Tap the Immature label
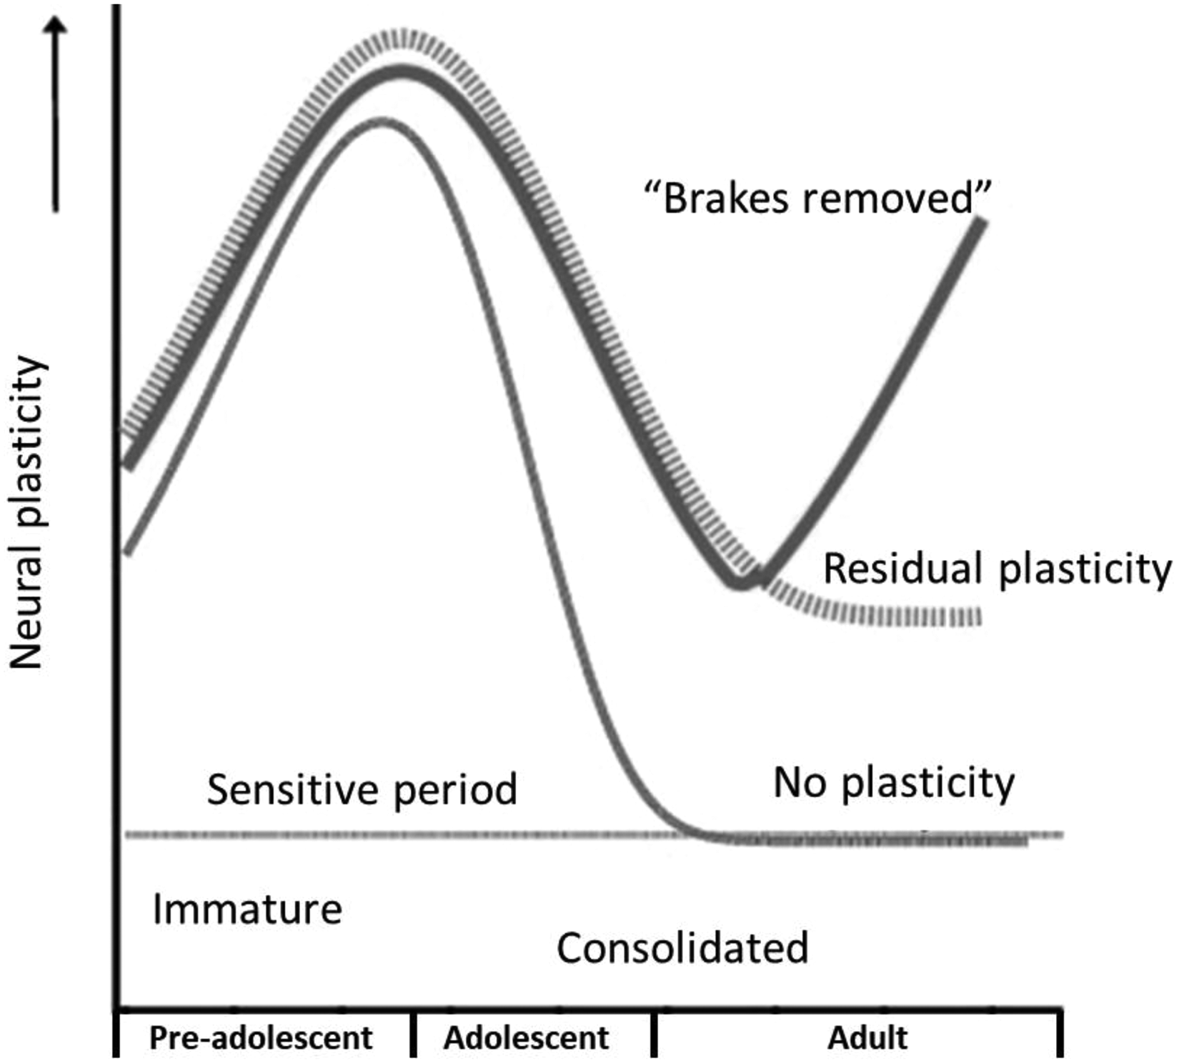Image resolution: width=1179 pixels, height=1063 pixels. point(247,910)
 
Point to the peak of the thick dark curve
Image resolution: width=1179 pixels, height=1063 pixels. point(400,72)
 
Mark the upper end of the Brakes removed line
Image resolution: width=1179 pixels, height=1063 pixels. point(982,222)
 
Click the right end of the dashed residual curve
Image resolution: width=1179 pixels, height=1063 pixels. point(979,616)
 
